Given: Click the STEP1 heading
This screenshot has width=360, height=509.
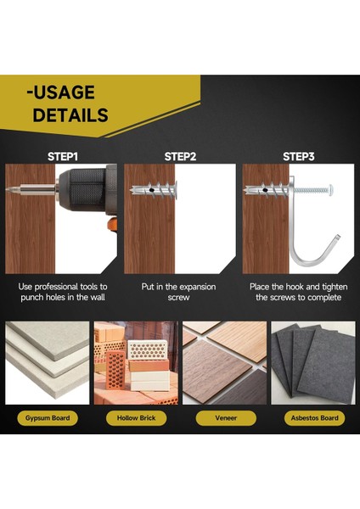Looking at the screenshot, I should tap(62, 156).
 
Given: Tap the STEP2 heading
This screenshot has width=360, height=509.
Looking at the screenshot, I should tap(180, 156).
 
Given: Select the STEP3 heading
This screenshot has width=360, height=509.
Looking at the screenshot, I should tap(299, 156).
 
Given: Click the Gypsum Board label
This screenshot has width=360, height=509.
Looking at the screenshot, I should tap(48, 417).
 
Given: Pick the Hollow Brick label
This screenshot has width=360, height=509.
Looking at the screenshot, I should tap(135, 417).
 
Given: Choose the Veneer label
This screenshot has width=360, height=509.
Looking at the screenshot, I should tap(225, 417).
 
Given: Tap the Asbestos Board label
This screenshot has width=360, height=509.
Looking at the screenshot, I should tap(313, 417).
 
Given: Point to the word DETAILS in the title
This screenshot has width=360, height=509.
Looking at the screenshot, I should tap(70, 115).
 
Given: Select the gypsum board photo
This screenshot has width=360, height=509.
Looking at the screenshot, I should tap(48, 361).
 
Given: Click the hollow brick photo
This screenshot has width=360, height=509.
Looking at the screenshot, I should tap(136, 361).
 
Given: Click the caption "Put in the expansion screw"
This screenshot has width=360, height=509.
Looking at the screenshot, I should tap(180, 292).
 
